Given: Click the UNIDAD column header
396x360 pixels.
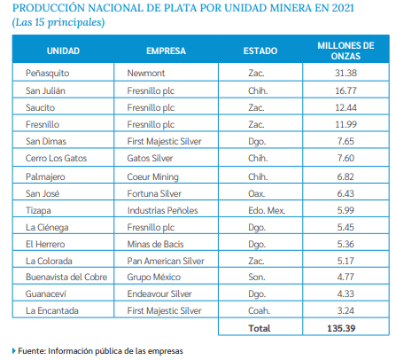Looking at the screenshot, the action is (x=63, y=51).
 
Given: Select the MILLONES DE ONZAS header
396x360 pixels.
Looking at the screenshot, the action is (x=346, y=51).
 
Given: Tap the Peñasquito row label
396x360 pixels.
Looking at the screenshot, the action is (x=47, y=74).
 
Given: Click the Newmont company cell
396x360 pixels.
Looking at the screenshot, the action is (x=146, y=73).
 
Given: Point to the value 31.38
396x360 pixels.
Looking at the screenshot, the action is (x=346, y=73).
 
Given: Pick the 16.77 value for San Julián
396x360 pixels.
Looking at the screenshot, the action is (x=346, y=90).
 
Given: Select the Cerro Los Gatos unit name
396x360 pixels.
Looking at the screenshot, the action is (x=56, y=158).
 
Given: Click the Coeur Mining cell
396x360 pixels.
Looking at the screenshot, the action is (x=152, y=177).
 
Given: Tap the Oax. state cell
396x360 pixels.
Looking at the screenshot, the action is (x=256, y=193).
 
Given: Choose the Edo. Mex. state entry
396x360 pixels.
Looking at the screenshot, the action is (x=267, y=210).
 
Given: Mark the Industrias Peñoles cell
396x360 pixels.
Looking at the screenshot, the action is (x=162, y=210).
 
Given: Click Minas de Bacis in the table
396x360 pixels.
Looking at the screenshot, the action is (x=155, y=244).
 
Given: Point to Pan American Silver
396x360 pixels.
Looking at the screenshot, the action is (x=166, y=261).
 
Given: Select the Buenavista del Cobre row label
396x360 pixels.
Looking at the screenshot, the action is (x=66, y=277).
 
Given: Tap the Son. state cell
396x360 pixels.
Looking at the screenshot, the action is (x=257, y=277).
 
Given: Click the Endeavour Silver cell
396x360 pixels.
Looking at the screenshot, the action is (x=159, y=293).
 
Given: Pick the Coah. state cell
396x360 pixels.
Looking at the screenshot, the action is (x=259, y=310).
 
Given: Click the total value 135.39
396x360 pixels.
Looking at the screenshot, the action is (x=341, y=328).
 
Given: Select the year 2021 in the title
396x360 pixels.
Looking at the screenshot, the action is (x=343, y=8).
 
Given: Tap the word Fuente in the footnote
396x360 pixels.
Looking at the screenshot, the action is (x=32, y=351).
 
